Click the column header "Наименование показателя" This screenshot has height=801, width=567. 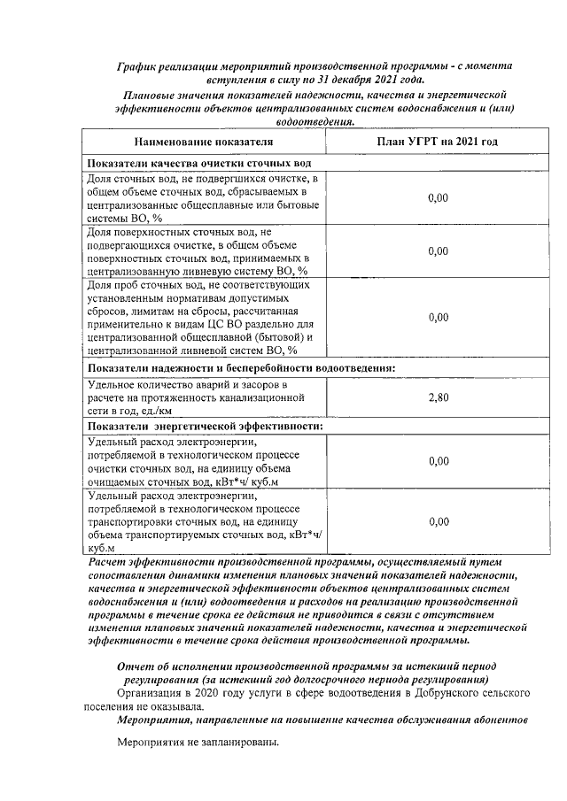[204, 142]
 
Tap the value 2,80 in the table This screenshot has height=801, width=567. [438, 397]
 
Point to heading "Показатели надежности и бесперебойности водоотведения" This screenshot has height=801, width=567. [240, 368]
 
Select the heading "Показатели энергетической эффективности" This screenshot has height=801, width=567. [204, 427]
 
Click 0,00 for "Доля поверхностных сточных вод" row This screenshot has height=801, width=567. [438, 251]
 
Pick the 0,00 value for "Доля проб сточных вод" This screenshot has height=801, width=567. [438, 317]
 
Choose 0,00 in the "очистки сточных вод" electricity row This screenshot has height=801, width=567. [438, 461]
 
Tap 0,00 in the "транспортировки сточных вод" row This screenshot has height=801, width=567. [438, 522]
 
